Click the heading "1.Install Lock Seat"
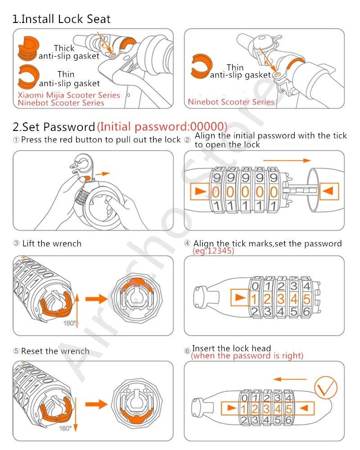62,19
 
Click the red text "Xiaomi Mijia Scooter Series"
69,95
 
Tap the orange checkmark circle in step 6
326,387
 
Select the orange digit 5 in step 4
306,299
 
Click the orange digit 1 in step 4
254,299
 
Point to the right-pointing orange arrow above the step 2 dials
287,161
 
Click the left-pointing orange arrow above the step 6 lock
290,379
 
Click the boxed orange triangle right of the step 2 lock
329,191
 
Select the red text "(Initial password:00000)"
162,126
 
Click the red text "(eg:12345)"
213,251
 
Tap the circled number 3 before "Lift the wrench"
16,243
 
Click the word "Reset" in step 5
32,351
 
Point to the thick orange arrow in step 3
96,299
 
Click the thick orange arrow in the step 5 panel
96,405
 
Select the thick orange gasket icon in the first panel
28,48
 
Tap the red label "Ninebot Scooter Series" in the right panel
231,102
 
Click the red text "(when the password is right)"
247,356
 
